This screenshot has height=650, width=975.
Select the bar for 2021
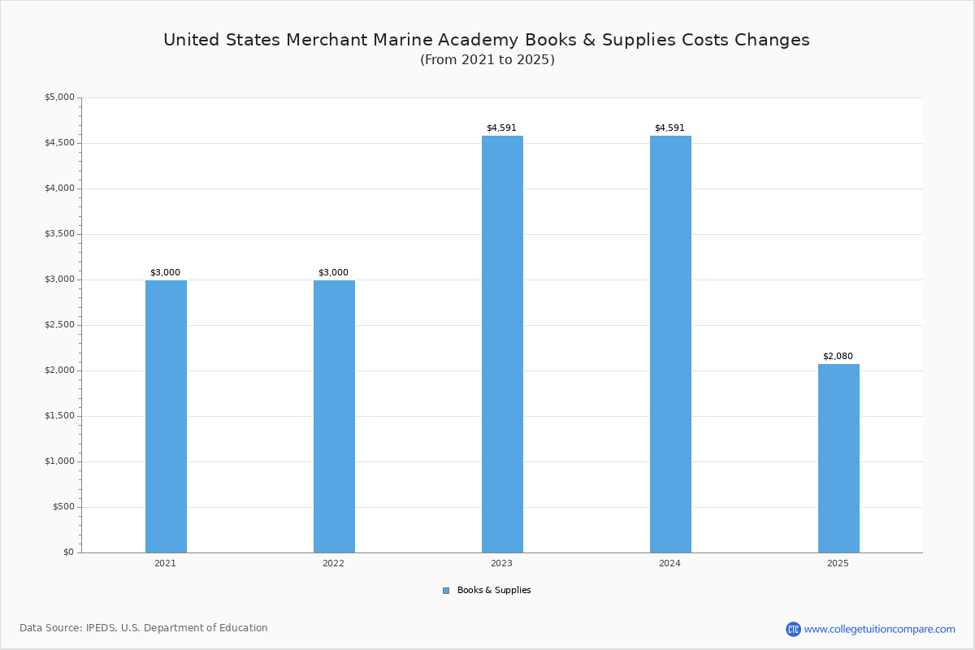(166, 416)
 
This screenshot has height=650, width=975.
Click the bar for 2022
(334, 416)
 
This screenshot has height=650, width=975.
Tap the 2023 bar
(502, 344)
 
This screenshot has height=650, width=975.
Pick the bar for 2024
(670, 344)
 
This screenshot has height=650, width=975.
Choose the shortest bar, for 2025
(838, 458)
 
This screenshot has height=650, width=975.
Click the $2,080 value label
(838, 356)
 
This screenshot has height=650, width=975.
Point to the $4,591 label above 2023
(501, 128)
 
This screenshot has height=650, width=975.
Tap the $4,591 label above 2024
(669, 128)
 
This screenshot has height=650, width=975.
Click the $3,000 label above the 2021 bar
(165, 272)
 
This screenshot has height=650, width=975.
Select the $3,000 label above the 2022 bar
(333, 272)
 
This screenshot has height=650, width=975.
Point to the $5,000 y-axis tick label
(59, 97)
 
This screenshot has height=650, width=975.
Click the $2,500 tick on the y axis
(59, 325)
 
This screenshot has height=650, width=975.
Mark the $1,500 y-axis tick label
(59, 416)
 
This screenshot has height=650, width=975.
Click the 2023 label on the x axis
(501, 563)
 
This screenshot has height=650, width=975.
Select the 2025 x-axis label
(838, 563)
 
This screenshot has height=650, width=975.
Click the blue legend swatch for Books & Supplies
(446, 591)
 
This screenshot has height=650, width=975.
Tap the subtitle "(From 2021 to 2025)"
(487, 60)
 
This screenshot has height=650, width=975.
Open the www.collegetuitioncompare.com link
(879, 629)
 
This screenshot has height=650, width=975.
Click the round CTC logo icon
(793, 629)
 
